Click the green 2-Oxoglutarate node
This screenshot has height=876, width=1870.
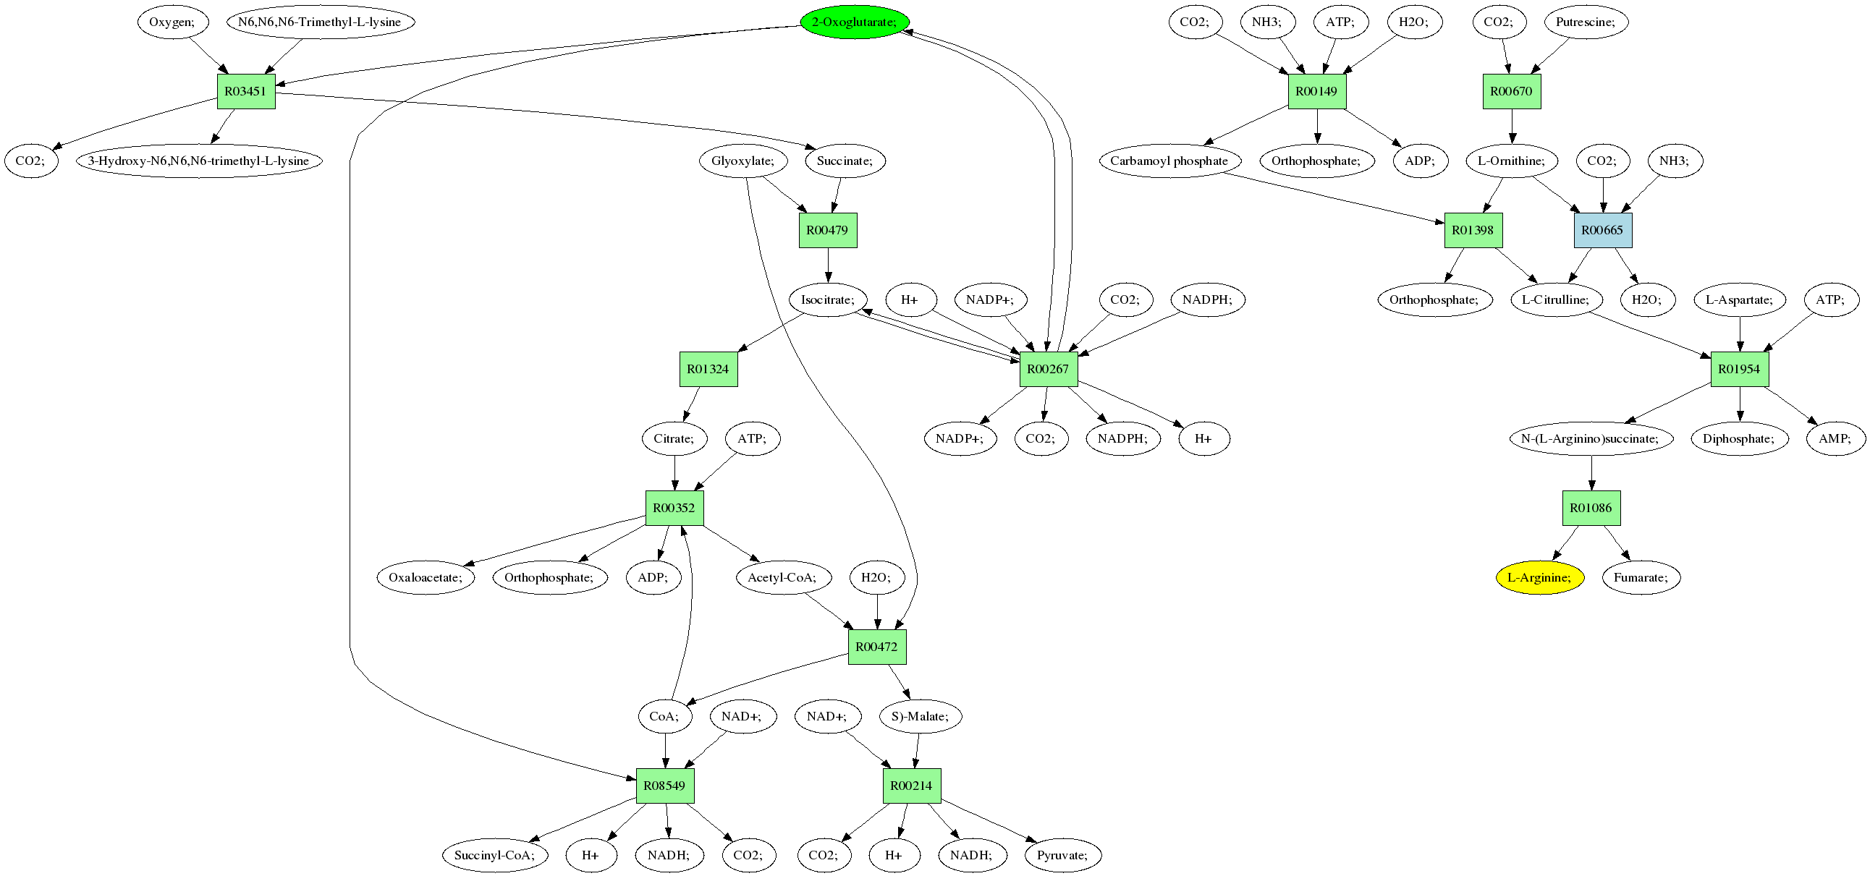pos(855,22)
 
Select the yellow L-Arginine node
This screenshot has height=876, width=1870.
pos(1539,578)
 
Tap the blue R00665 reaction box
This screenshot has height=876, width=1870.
pos(1602,230)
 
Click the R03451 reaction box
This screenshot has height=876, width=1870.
pos(246,91)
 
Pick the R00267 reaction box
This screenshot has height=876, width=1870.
pos(1048,369)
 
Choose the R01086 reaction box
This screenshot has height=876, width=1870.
pos(1591,508)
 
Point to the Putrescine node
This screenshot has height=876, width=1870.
pos(1586,22)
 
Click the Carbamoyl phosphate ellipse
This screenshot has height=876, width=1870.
pos(1169,161)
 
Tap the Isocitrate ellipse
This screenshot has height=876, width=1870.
pos(828,299)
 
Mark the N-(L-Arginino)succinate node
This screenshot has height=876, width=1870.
pos(1591,438)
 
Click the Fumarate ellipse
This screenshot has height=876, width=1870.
pos(1641,578)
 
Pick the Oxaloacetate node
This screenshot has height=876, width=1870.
pos(426,578)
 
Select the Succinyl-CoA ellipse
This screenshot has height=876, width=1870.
pos(494,855)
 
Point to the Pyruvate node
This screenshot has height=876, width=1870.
pos(1062,855)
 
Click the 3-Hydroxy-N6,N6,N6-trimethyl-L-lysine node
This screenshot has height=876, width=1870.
pos(199,161)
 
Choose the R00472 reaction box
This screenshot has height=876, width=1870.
pos(876,647)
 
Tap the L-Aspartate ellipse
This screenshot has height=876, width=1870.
pos(1738,299)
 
